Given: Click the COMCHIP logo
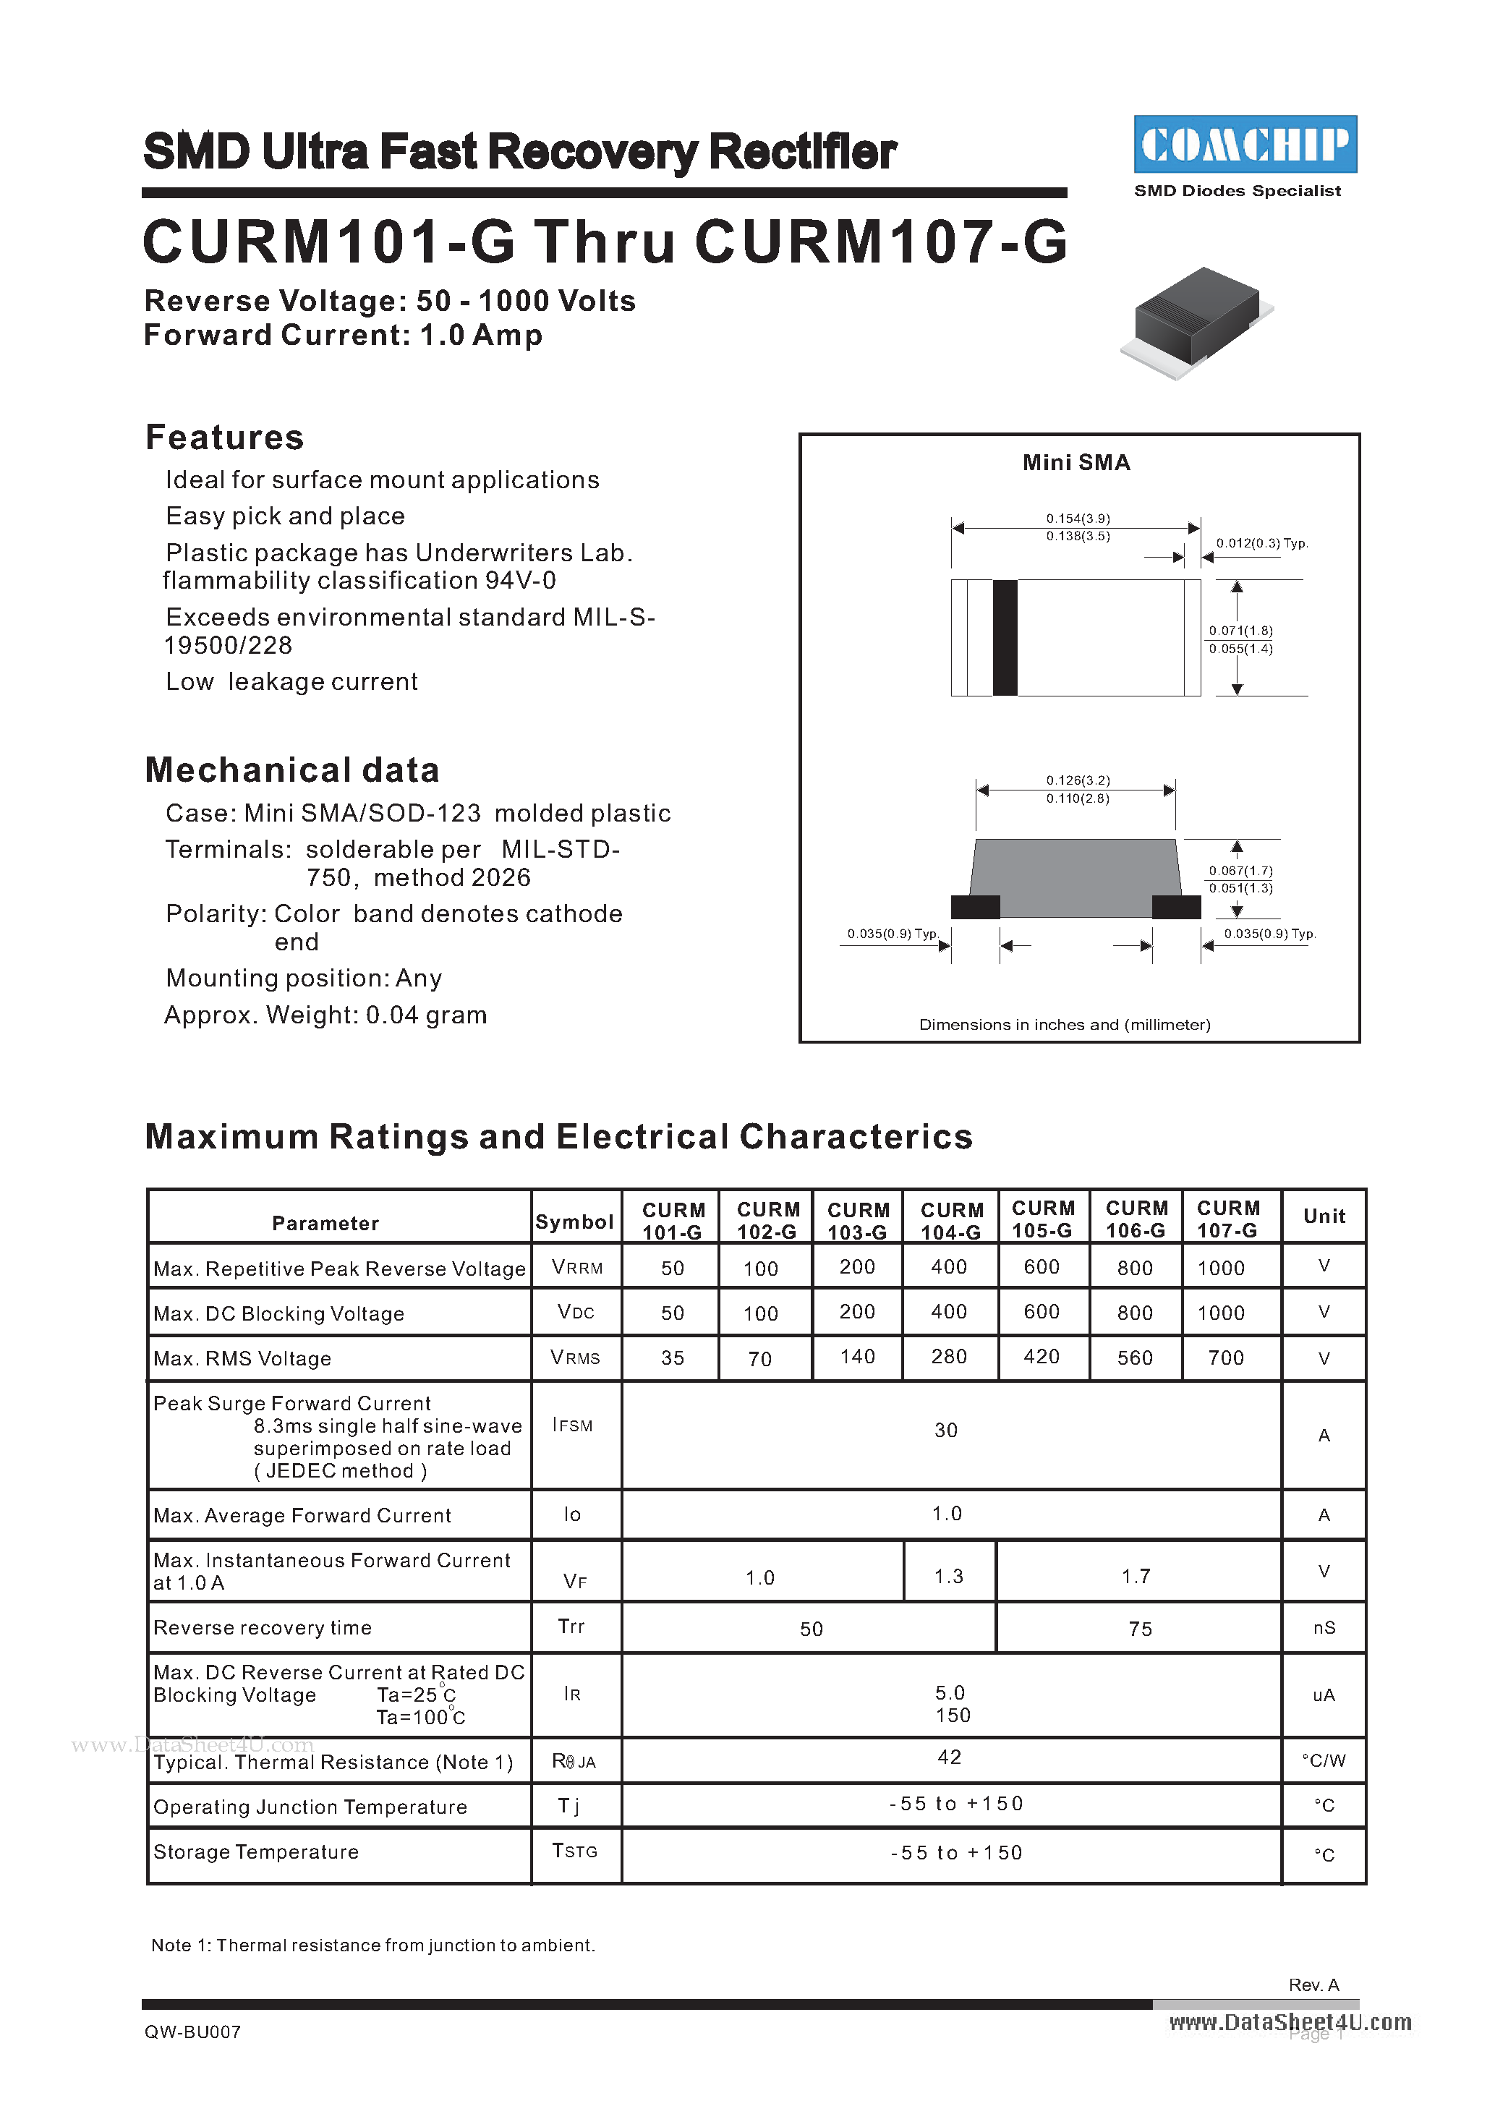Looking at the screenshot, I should coord(1245,145).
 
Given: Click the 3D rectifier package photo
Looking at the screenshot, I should coord(1198,323).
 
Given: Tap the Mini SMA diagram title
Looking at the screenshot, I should coord(1076,462).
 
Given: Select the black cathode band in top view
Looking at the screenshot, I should coord(1005,637).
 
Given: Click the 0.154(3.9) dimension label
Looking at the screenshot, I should coord(1077,519).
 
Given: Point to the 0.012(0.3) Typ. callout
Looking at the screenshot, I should coord(1261,543).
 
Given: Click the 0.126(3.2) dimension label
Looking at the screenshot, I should coord(1077,780).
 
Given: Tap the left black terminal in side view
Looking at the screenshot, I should coord(975,907).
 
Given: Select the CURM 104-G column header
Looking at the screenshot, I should coord(951,1220).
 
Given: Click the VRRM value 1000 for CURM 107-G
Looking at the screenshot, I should coord(1221,1268).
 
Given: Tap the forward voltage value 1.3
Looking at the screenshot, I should coord(948,1577).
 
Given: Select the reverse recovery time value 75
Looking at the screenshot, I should coord(1140,1629).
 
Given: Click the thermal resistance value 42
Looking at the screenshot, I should coord(949,1757).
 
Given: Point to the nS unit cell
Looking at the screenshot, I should coord(1324,1628).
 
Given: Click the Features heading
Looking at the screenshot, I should coord(225,438).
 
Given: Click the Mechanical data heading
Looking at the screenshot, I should coord(291,770).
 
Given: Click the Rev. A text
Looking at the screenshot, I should coord(1313,1985).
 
